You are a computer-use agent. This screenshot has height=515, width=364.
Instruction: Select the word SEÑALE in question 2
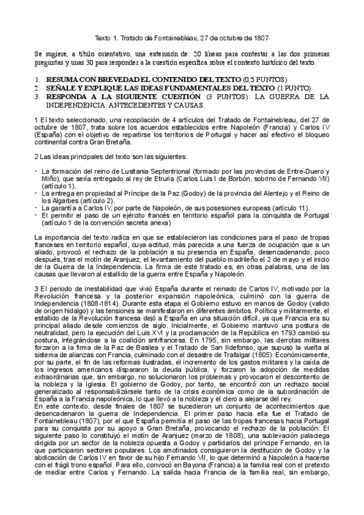[61, 88]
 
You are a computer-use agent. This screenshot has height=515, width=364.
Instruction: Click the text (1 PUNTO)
[290, 88]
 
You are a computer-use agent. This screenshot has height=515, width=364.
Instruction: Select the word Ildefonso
[216, 344]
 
